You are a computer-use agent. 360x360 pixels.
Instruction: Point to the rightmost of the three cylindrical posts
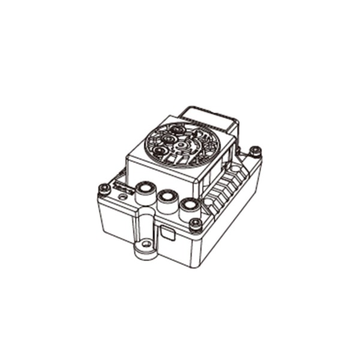tap(188, 207)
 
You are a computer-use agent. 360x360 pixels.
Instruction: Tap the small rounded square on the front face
tap(169, 234)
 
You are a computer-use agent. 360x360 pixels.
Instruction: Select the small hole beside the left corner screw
tap(123, 197)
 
